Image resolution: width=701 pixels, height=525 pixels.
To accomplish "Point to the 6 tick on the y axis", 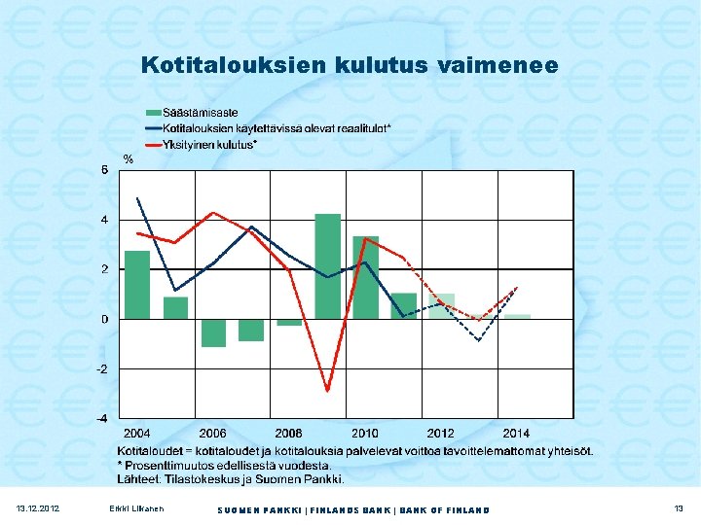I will tap(105, 170).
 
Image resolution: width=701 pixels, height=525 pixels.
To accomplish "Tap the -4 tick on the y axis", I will tap(102, 418).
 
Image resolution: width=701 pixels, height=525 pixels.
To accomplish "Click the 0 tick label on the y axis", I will tap(105, 319).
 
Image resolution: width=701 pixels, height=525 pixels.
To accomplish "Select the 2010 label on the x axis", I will tap(365, 433).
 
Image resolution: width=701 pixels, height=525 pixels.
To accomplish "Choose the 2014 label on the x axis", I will tap(517, 433).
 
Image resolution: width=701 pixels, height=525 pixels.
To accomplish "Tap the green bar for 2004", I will tap(137, 285).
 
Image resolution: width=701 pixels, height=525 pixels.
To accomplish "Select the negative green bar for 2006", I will tap(213, 332).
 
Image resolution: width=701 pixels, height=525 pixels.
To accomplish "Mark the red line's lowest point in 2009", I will tap(328, 391).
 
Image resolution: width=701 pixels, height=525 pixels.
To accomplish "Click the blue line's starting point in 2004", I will tap(137, 198).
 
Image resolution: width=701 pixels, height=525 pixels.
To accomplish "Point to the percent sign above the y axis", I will tap(127, 158).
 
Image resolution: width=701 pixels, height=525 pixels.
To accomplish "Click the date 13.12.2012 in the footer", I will tap(38, 509).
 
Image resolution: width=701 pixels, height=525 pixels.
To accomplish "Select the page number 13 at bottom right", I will tap(678, 509).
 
